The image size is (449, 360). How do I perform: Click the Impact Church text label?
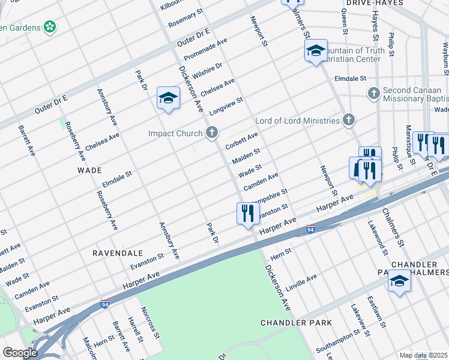pos(176,133)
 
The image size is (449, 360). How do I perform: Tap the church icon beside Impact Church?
pos(211,133)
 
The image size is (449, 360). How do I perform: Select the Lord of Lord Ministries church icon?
pos(348,121)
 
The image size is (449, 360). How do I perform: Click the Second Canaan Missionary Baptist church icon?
pos(373,93)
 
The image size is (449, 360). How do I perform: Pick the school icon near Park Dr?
pos(169,98)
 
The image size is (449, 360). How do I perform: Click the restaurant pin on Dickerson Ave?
pos(248,213)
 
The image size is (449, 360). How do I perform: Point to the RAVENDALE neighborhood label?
pos(117,253)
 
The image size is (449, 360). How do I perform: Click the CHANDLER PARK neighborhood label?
pos(296,323)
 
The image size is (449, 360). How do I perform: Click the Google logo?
pos(20,353)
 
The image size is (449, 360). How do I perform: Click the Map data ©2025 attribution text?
pos(424,356)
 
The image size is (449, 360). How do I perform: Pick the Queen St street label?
pos(345,24)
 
